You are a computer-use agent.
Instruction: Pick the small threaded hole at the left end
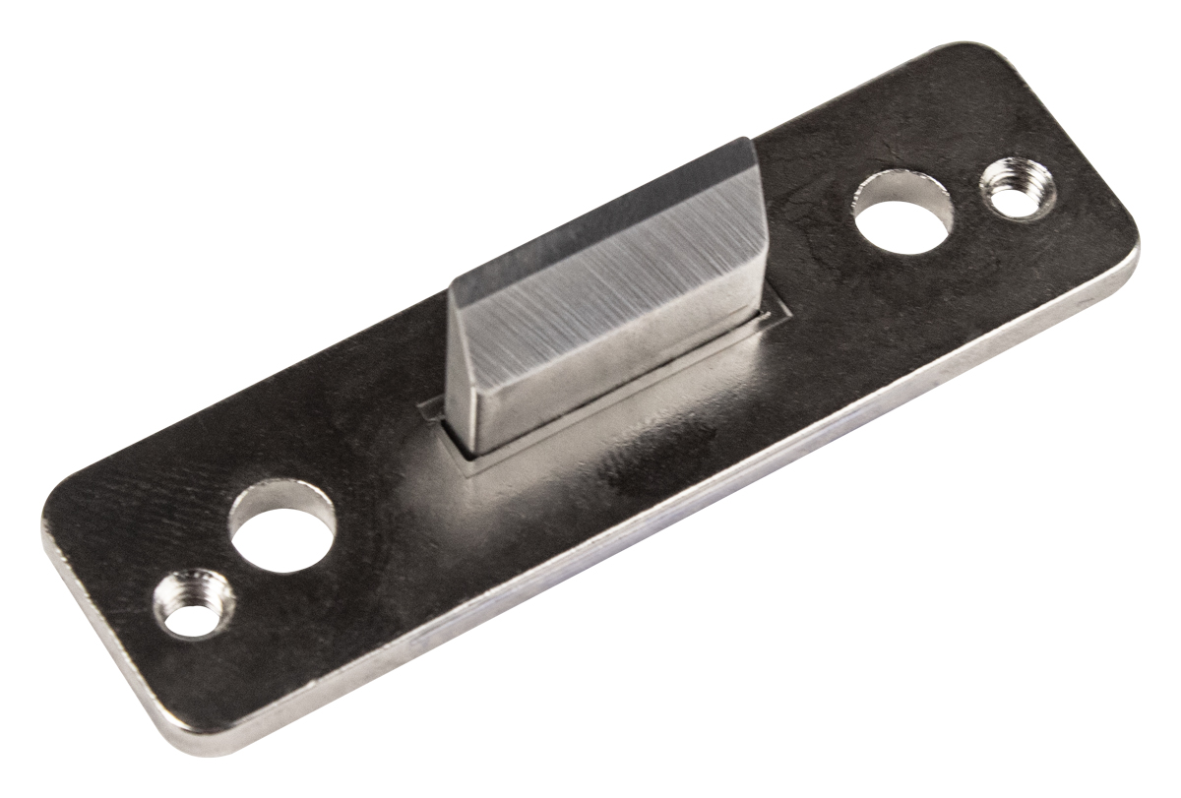point(195,604)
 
